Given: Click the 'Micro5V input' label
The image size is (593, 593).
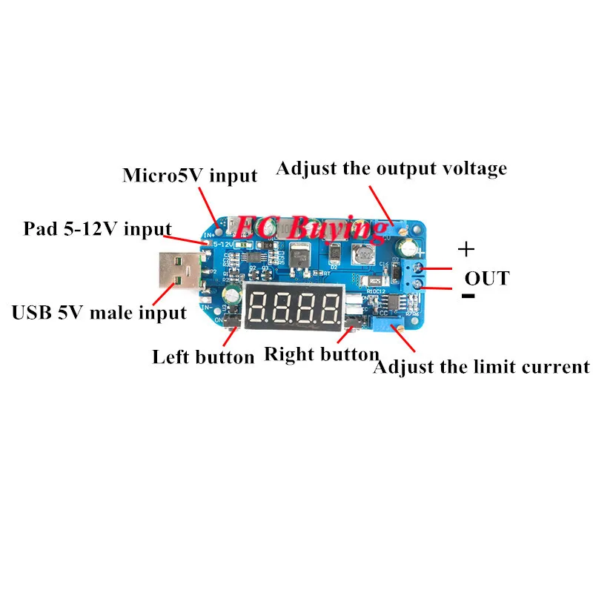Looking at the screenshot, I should click(x=190, y=176).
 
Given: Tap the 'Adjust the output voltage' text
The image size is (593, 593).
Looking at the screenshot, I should click(x=391, y=168).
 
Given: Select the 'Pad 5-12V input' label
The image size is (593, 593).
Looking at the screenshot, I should click(x=97, y=229).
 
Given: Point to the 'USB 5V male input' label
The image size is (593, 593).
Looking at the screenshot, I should click(x=99, y=312).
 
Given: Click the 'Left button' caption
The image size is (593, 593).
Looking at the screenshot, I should click(x=203, y=357).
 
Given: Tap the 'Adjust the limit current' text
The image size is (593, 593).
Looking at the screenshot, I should click(x=481, y=366).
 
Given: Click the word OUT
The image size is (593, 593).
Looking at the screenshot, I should click(x=487, y=279).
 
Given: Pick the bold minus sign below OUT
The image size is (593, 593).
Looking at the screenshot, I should click(x=468, y=296).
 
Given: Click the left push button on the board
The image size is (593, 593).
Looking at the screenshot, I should click(x=232, y=320).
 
